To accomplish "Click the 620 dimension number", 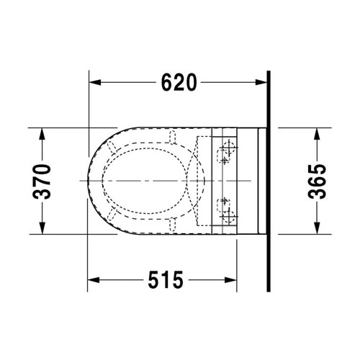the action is point(179,82).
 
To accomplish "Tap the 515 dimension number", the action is point(166,280).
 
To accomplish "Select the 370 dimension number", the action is point(42,181).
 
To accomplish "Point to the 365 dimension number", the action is point(317,181).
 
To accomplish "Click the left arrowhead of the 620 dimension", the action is point(95,82).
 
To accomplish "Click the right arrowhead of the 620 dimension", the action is point(261,82).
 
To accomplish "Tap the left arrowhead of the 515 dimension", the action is point(94,280).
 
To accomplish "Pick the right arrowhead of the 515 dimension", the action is point(231,280).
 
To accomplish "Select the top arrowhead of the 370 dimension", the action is point(42,134).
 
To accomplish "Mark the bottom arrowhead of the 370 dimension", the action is point(42,228).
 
